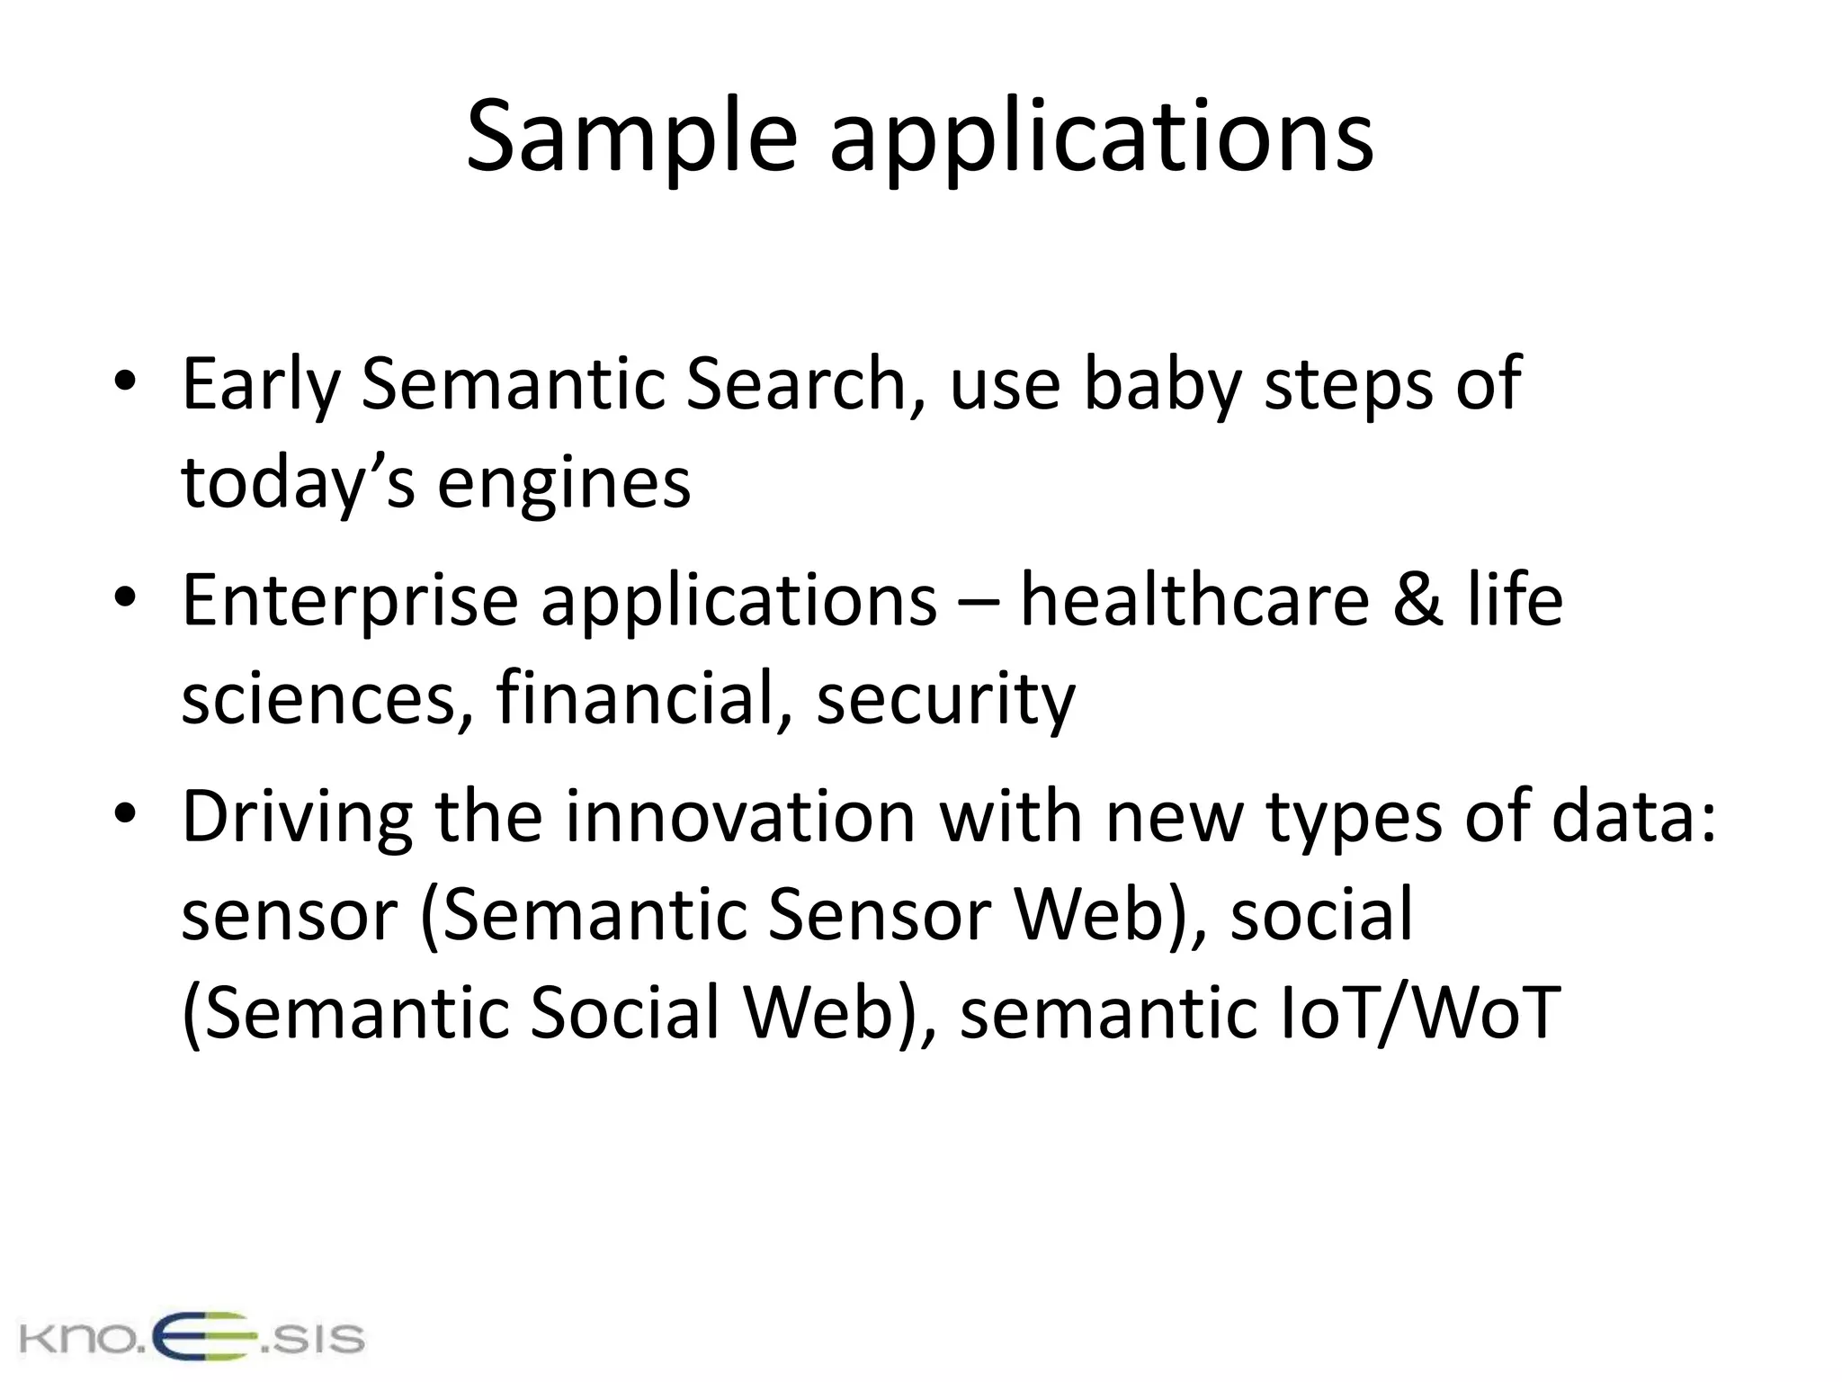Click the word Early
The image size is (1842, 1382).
[260, 385]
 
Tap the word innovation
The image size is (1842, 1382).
[739, 816]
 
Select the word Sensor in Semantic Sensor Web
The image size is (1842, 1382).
[880, 914]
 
